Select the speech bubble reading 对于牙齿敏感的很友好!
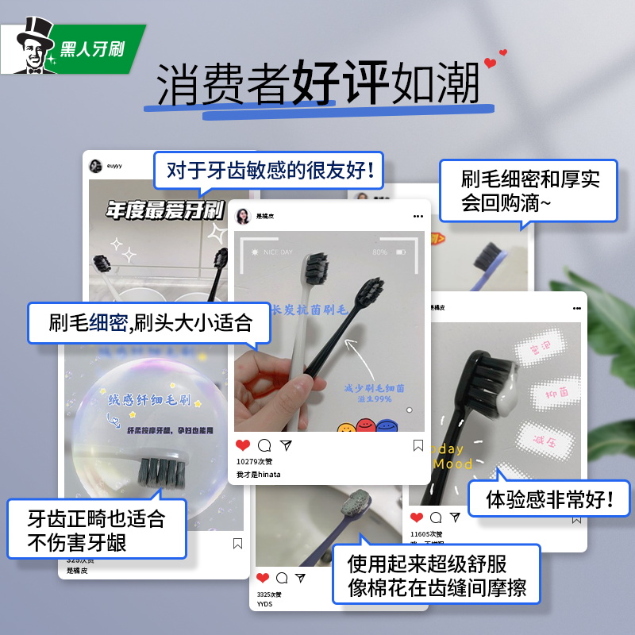point(270,171)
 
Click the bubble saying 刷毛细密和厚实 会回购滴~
point(529,190)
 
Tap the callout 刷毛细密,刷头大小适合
point(150,322)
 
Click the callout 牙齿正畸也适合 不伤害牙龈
point(97,529)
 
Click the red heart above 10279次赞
point(243,445)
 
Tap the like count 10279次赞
point(252,460)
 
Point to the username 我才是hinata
point(258,474)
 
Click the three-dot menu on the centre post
point(418,216)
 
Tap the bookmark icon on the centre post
point(418,445)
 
